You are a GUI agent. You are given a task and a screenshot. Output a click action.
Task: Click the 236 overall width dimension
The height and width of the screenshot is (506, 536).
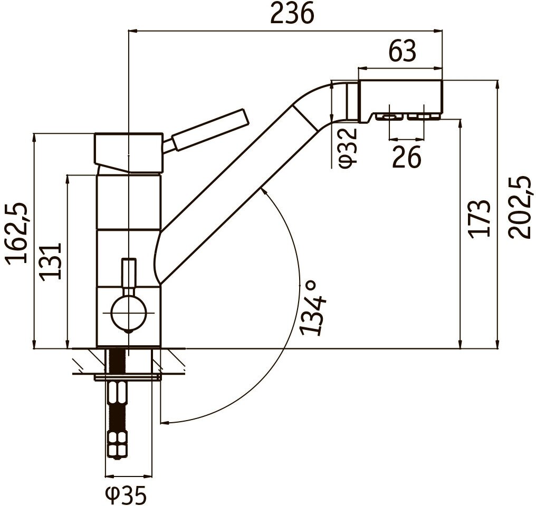point(292,14)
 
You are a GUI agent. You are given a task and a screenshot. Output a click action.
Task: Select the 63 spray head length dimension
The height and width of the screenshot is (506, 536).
point(403,51)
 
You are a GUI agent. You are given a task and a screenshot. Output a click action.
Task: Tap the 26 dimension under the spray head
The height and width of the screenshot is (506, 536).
point(406,157)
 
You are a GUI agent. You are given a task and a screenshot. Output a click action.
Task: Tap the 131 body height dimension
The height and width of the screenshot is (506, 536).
point(51,262)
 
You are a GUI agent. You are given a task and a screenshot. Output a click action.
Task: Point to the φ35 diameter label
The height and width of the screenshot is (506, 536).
point(126,495)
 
